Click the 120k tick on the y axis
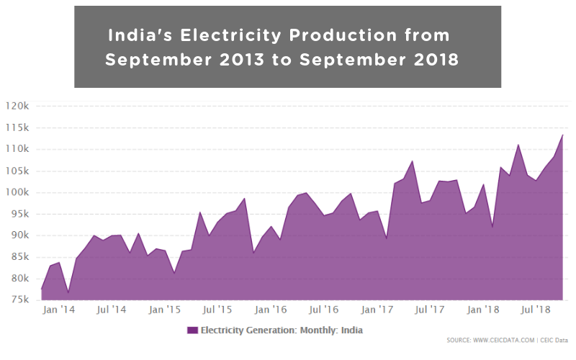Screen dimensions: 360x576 click(x=17, y=106)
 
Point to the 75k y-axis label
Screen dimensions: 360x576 click(x=17, y=300)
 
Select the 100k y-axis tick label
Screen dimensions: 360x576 click(x=17, y=192)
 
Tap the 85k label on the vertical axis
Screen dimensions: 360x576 click(x=17, y=257)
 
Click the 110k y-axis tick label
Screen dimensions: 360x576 click(x=17, y=149)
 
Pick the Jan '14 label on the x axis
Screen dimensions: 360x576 click(x=58, y=310)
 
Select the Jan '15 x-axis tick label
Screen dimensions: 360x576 click(x=165, y=310)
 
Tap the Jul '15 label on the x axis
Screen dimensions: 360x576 click(x=217, y=310)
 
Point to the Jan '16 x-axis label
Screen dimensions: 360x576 click(x=271, y=310)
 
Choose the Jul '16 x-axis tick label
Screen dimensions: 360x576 click(x=324, y=310)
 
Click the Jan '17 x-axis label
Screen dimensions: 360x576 click(x=377, y=310)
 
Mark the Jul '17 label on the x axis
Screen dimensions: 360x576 click(x=430, y=310)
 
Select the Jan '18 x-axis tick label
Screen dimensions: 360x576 click(x=483, y=310)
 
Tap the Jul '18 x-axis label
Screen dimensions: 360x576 click(x=536, y=310)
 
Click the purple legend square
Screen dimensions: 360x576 click(x=192, y=330)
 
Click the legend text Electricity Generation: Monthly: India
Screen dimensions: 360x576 click(x=282, y=330)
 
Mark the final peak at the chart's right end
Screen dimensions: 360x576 click(x=562, y=135)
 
